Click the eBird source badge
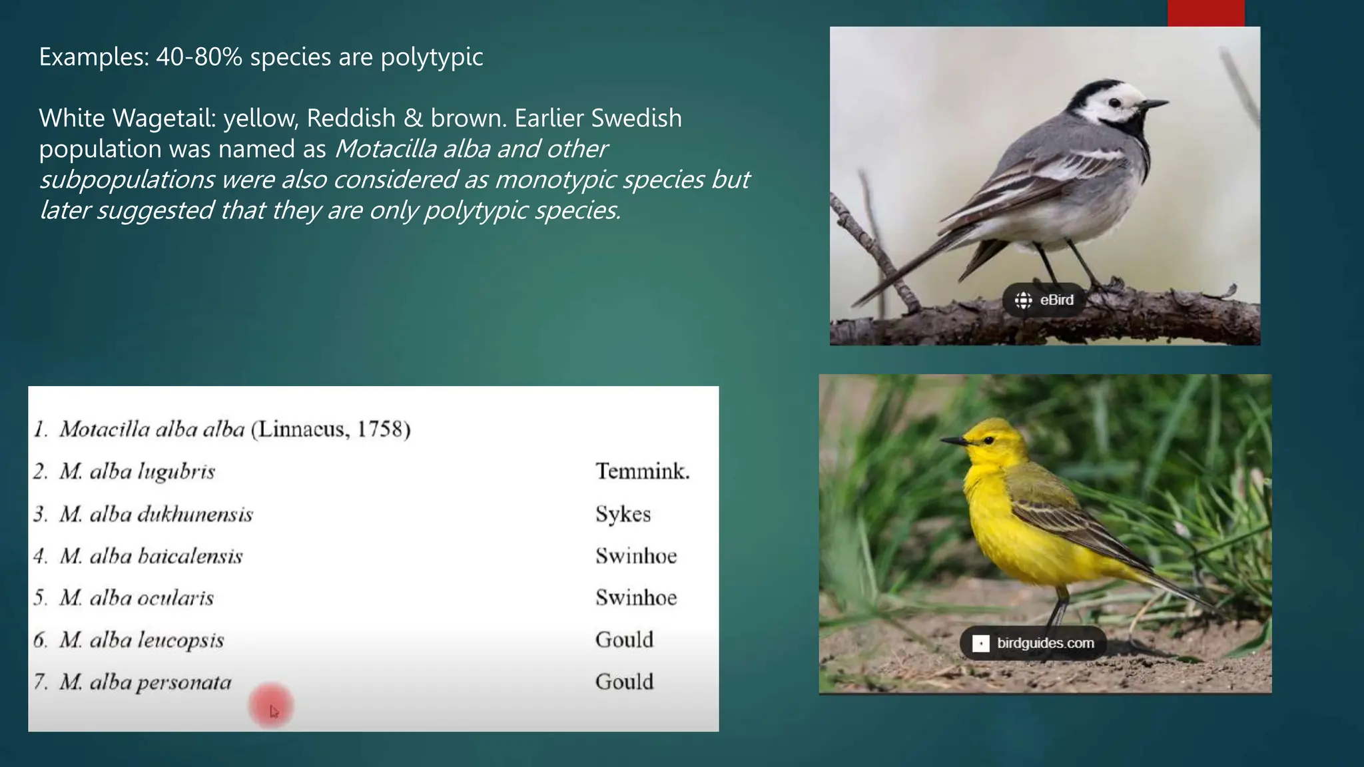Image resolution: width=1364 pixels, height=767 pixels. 1044,300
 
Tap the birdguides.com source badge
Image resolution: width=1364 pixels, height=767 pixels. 1033,643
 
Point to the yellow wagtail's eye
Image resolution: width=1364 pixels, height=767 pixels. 988,440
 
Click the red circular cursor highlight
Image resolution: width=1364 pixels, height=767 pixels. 271,706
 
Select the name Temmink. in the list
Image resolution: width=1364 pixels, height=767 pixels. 642,471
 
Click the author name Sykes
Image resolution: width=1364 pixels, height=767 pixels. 623,514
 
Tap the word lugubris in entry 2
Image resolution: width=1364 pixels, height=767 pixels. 176,472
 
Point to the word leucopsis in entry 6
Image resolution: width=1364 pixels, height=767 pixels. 180,640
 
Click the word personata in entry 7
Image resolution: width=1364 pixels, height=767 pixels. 184,683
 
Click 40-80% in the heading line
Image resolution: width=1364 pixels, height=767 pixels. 198,57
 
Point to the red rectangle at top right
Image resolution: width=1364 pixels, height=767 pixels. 1205,13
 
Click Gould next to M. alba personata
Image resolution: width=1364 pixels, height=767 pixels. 624,682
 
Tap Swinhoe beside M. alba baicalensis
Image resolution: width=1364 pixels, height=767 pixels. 635,556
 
